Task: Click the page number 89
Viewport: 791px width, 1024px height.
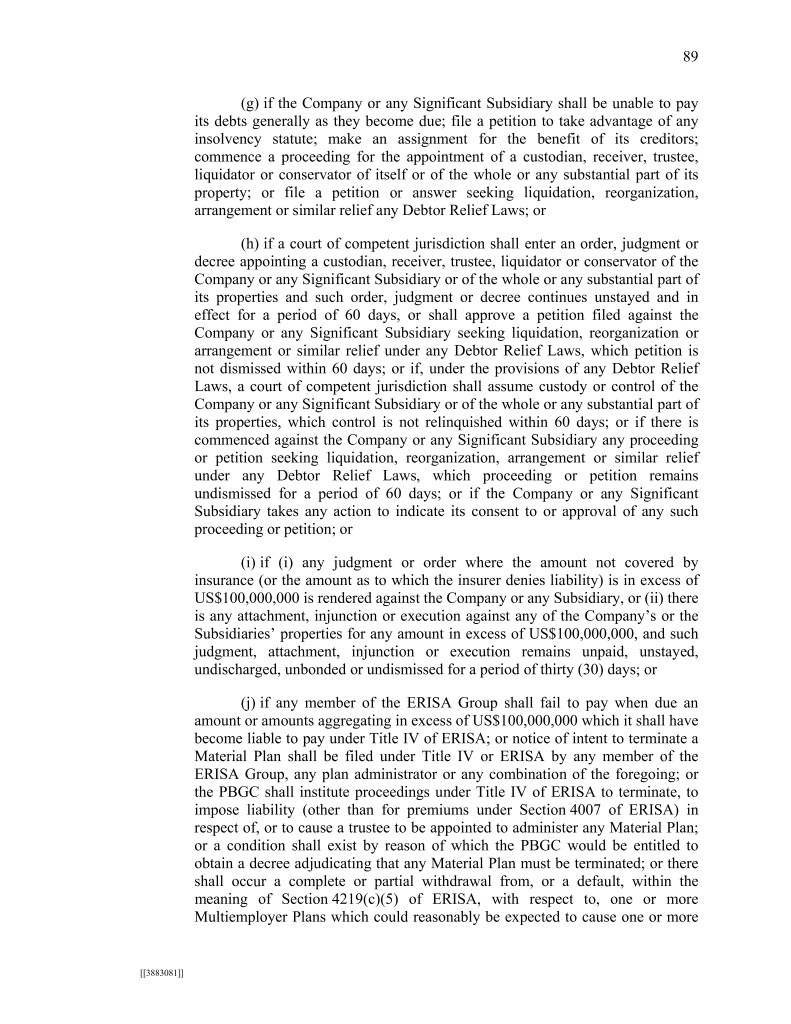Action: click(x=690, y=57)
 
